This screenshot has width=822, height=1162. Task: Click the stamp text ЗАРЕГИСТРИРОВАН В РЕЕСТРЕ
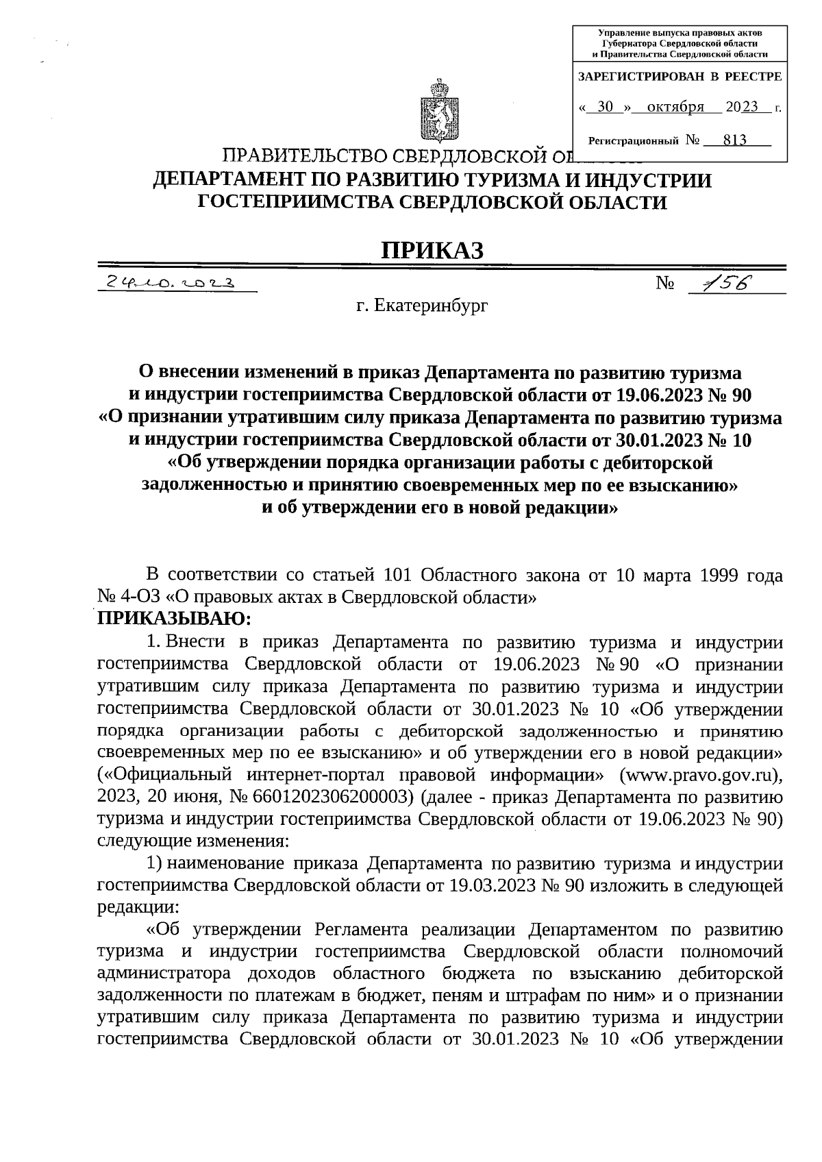point(680,77)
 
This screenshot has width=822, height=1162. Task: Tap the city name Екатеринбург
point(431,306)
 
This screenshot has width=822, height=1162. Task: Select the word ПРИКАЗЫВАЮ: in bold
point(175,619)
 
